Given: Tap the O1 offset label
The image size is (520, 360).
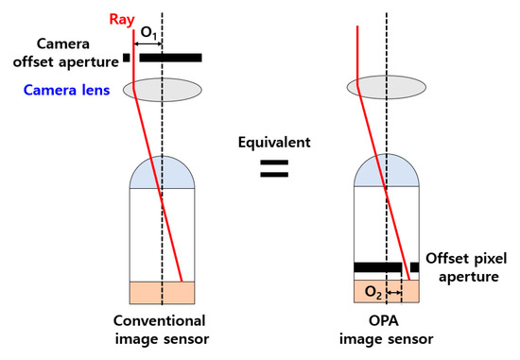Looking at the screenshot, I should pos(149,31).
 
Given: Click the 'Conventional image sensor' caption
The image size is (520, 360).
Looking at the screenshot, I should pos(156,330).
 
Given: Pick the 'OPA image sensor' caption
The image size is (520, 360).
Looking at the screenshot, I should pos(387,330).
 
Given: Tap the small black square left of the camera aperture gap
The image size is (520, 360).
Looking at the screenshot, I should pos(126,58).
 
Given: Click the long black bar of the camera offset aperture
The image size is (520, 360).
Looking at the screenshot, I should pos(170,58).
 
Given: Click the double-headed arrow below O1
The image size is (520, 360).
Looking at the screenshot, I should pos(149,43).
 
